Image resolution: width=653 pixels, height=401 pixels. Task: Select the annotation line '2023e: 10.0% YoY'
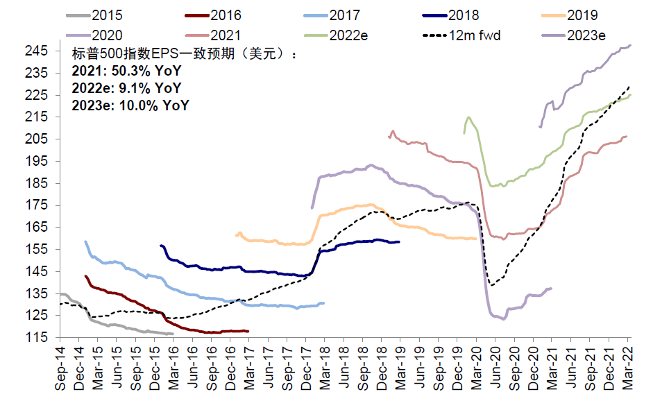[130, 105]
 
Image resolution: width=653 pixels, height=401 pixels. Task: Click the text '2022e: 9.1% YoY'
[126, 88]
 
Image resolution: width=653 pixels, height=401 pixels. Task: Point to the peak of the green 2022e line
[468, 117]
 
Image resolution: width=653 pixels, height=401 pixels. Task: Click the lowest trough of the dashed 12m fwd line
[491, 285]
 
